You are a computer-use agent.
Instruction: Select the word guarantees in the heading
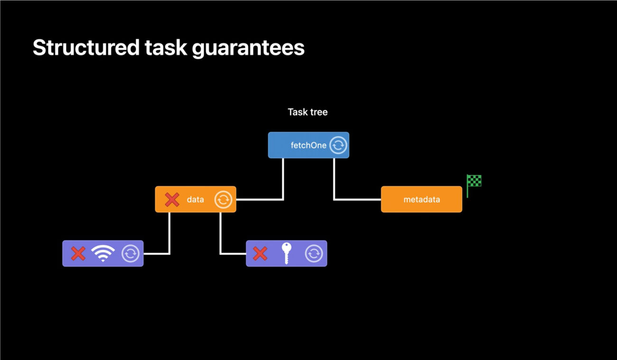click(248, 48)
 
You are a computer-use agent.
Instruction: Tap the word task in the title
click(166, 47)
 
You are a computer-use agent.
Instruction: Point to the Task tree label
click(308, 112)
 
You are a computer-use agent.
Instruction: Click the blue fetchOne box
click(308, 145)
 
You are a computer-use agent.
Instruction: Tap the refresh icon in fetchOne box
click(338, 145)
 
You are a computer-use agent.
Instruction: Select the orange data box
click(196, 199)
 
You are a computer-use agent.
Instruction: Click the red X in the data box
click(172, 199)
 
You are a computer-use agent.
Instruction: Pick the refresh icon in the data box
click(223, 200)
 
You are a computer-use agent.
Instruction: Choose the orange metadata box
click(421, 199)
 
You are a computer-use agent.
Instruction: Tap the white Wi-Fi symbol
click(103, 253)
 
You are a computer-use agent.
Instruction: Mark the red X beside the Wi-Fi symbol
click(78, 253)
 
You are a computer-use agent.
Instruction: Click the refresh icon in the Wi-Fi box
click(131, 253)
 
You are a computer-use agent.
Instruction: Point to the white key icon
click(287, 253)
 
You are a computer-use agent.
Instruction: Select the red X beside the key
click(260, 253)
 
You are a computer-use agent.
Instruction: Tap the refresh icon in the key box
click(314, 253)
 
